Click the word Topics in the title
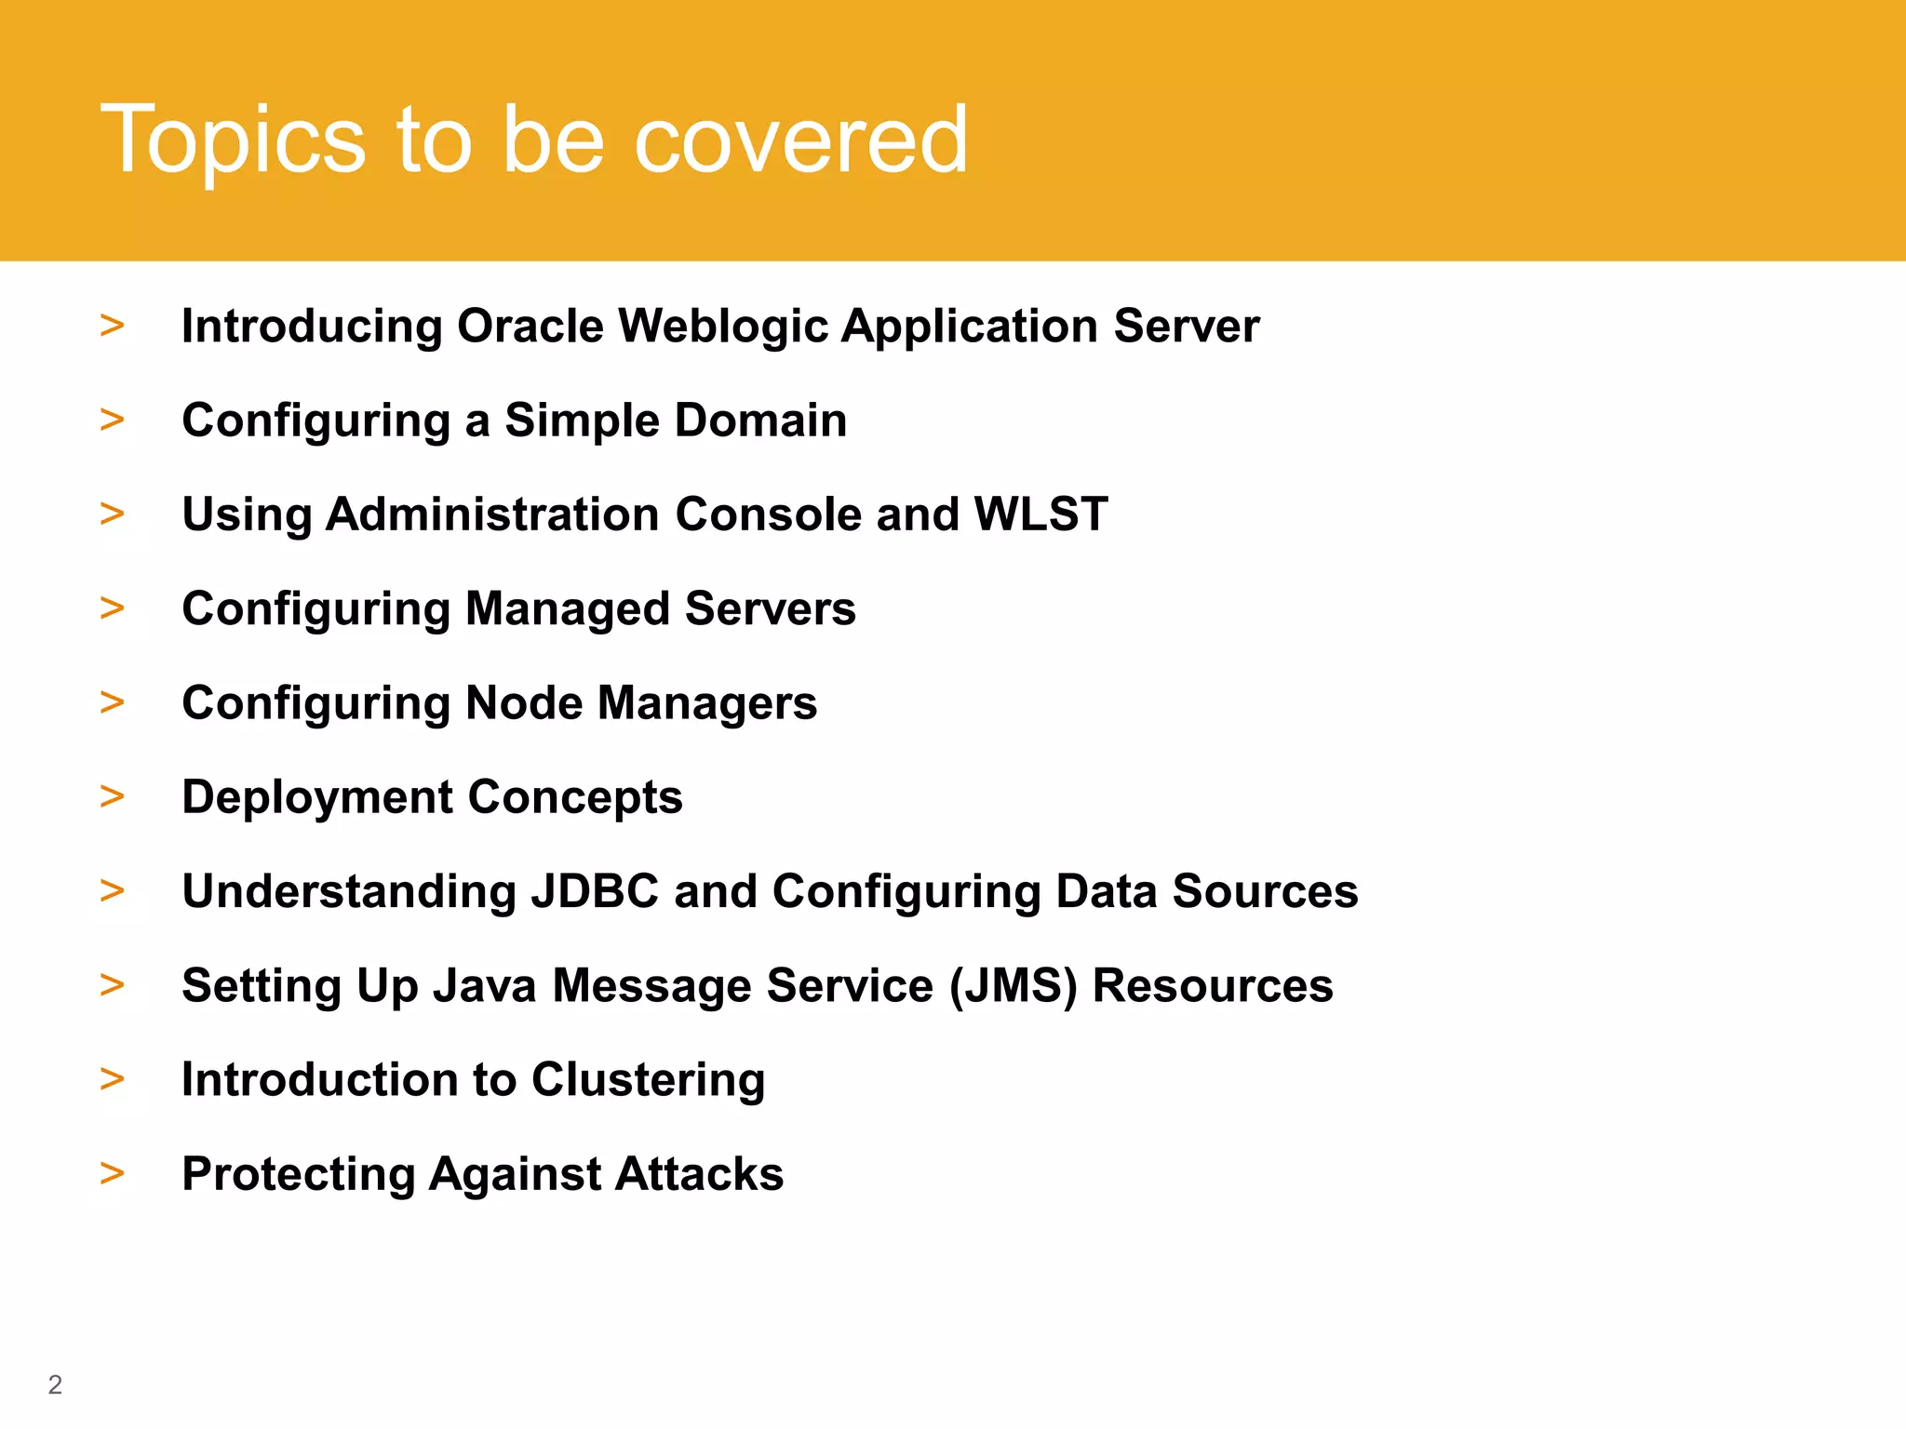pos(233,140)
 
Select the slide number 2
pos(55,1384)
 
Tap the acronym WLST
pos(1040,514)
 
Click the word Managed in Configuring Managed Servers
pos(567,608)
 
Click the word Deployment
pos(316,797)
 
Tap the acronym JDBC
pos(595,891)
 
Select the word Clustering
pos(648,1080)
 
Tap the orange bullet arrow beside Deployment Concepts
pos(113,796)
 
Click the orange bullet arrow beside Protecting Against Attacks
pos(113,1173)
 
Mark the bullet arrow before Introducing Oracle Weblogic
pos(113,326)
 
